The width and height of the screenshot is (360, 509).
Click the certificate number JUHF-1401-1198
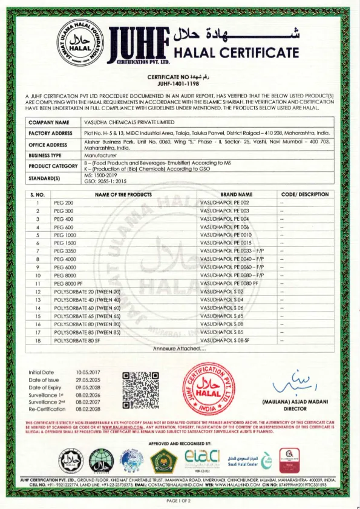tap(179, 85)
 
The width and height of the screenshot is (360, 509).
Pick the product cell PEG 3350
tap(64, 251)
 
